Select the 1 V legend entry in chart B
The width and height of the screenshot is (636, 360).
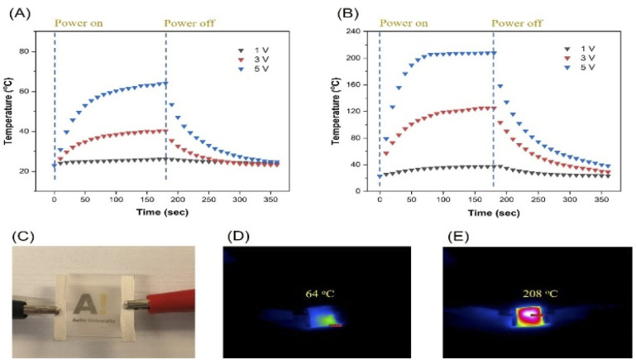coord(584,49)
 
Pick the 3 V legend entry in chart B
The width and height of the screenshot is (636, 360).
coord(584,60)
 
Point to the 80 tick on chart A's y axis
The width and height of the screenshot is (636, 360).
coord(36,51)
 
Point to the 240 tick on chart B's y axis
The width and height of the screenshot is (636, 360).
coord(358,31)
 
